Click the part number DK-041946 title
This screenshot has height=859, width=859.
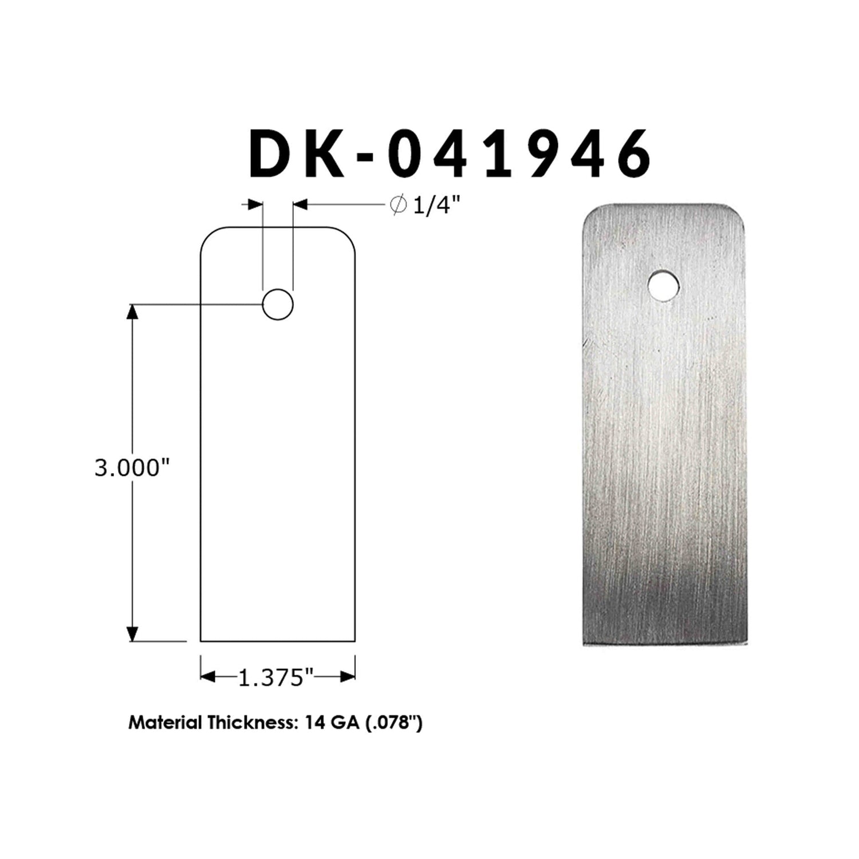coord(450,152)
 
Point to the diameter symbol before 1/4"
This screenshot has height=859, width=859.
coord(398,204)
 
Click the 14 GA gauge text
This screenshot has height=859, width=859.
coord(326,723)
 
